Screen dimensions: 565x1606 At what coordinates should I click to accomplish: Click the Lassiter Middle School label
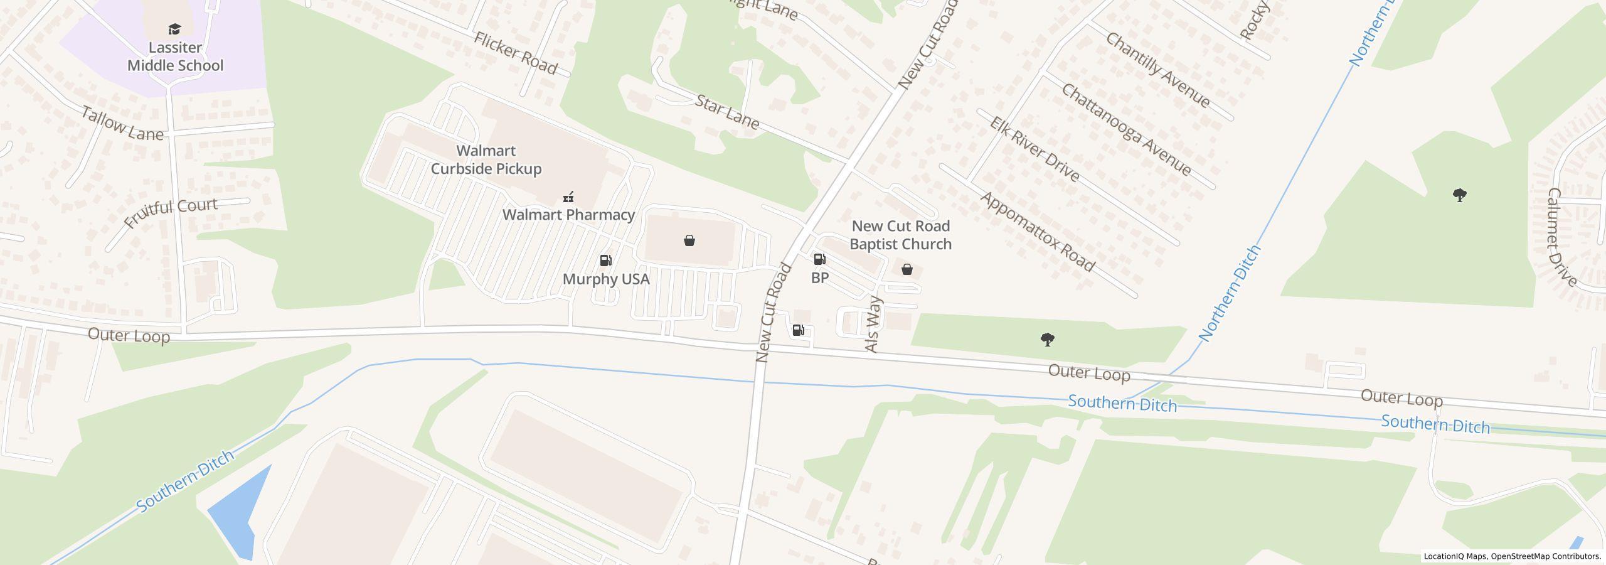tap(175, 56)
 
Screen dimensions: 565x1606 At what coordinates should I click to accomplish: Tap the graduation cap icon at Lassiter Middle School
tap(174, 29)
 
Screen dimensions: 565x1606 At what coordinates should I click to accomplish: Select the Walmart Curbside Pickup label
tap(486, 159)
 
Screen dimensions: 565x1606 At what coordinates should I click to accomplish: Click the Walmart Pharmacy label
tap(568, 215)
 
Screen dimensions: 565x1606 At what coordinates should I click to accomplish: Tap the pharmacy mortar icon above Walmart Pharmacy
tap(568, 197)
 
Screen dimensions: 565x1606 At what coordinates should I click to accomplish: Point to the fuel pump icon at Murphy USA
tap(606, 261)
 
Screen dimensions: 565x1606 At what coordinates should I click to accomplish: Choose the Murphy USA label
tap(606, 279)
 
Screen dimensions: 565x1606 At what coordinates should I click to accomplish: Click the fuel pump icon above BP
tap(819, 259)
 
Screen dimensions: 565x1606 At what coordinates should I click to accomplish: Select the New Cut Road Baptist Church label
tap(900, 235)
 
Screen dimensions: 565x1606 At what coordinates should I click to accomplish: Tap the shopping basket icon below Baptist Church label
tap(907, 270)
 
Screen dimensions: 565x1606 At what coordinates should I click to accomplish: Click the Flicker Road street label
tap(515, 53)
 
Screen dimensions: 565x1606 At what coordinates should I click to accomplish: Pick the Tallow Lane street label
tap(122, 124)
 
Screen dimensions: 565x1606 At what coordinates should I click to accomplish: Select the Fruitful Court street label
tap(171, 213)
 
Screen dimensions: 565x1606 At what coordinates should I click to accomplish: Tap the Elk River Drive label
tap(1035, 149)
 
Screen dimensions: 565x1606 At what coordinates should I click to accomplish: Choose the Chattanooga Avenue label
tap(1126, 130)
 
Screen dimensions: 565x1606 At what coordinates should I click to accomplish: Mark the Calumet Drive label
tap(1562, 237)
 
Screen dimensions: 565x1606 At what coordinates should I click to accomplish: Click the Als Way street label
tap(873, 325)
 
